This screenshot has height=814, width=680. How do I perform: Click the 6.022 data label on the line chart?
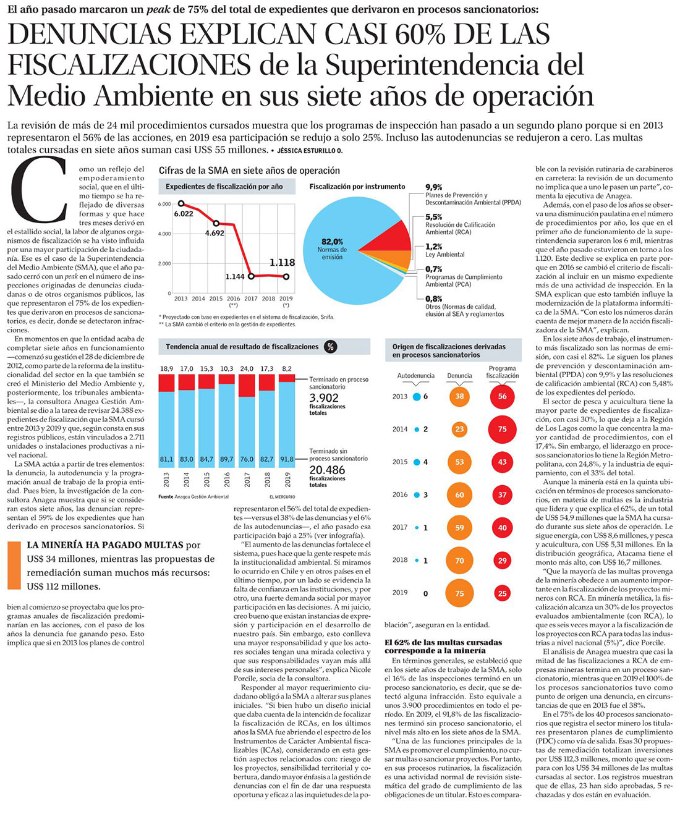[x=183, y=214]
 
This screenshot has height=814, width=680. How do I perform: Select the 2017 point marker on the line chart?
[x=251, y=276]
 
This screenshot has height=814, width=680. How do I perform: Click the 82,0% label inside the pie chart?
[x=332, y=242]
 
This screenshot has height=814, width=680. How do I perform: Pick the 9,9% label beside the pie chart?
[x=434, y=187]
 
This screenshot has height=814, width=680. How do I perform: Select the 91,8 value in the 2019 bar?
[x=287, y=459]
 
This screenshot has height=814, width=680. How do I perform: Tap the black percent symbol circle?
[x=331, y=347]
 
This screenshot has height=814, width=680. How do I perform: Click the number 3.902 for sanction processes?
[x=324, y=398]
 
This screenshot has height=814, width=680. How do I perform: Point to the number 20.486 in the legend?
[x=327, y=470]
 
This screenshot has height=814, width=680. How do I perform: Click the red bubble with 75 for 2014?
[x=502, y=429]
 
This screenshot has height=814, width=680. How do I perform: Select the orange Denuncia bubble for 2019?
[x=459, y=593]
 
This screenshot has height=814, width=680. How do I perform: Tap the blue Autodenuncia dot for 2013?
[x=417, y=397]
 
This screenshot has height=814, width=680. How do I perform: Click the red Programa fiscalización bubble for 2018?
[x=502, y=561]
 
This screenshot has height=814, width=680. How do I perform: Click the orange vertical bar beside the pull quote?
[x=14, y=565]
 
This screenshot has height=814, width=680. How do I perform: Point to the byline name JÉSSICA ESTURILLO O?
[x=310, y=150]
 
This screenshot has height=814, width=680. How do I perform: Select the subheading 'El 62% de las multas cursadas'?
[x=443, y=642]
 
